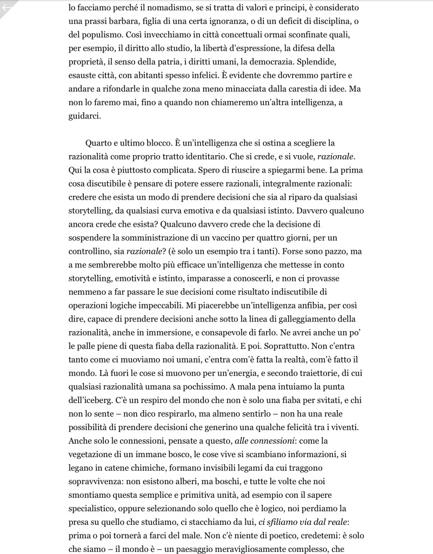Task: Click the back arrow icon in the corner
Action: point(7,7)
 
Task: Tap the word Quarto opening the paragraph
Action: point(99,143)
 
